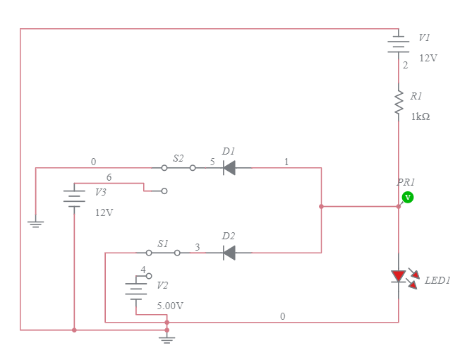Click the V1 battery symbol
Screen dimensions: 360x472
398,45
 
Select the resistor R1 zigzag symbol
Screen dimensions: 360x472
398,102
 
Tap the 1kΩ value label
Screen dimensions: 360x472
420,116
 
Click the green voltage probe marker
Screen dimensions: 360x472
407,197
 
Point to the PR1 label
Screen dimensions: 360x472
406,182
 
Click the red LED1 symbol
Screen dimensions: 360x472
399,276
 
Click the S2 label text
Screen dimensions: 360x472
178,159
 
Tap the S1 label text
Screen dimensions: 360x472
163,244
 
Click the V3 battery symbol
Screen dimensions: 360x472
74,197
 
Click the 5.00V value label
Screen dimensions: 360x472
170,306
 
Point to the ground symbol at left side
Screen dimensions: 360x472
35,224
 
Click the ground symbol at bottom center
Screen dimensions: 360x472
167,340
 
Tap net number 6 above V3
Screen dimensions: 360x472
109,177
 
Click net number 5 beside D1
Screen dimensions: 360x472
212,162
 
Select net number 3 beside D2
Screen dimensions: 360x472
198,246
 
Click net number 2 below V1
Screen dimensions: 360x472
405,65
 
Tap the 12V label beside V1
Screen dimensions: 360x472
428,58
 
